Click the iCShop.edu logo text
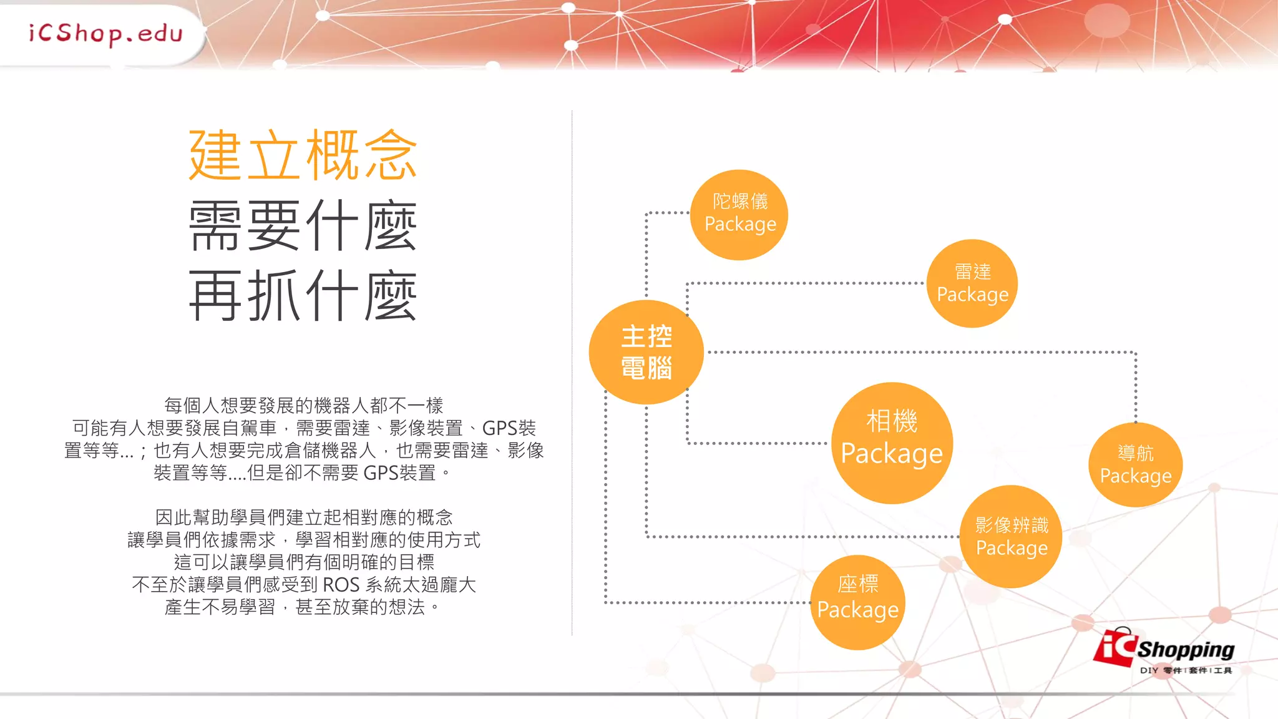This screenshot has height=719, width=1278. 105,33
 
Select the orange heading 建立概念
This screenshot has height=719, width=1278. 303,155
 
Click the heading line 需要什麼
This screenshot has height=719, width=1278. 303,226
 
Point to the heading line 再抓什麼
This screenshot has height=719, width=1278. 303,296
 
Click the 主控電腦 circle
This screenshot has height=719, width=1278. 646,352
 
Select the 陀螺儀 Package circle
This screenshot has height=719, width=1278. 739,214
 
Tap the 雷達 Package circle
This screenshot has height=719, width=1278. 972,283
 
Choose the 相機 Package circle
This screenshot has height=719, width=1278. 892,443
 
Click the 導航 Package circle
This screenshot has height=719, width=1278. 1135,464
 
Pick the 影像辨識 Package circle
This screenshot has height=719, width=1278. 1011,536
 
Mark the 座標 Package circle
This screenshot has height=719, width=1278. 857,602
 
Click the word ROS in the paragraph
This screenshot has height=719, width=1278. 341,585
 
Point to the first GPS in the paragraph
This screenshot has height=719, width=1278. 500,428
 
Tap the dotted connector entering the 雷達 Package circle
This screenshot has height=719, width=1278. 811,283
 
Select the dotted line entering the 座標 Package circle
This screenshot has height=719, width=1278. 705,602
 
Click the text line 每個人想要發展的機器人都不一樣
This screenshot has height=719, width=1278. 303,406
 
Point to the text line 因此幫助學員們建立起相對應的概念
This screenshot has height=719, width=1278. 303,517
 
